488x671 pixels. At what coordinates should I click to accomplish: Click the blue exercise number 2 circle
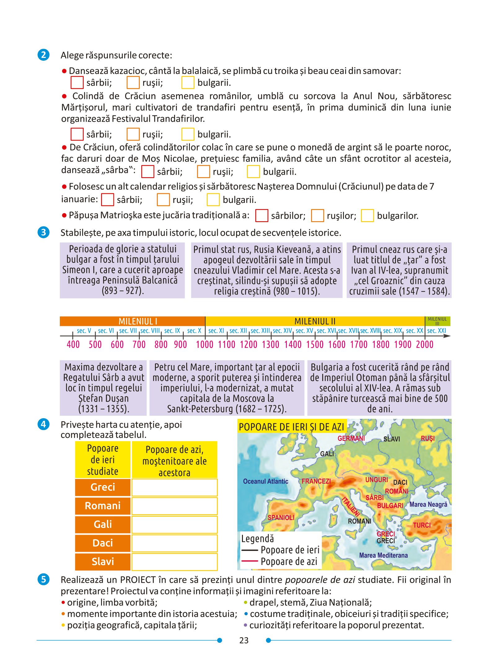point(43,55)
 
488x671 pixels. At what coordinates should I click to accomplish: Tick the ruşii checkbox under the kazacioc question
point(133,83)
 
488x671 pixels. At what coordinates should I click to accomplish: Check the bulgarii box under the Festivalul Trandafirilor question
point(188,134)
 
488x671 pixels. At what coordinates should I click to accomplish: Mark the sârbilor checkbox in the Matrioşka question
point(262,216)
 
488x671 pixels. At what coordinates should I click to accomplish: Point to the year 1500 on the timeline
point(314,344)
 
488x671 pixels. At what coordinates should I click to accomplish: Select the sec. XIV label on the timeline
point(282,331)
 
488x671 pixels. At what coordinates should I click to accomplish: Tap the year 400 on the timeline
point(73,344)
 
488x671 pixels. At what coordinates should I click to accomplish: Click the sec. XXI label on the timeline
point(436,331)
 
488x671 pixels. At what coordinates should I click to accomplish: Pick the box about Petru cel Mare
point(227,388)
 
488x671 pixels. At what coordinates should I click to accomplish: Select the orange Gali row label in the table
point(103,524)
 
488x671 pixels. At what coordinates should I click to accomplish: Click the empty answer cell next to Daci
point(174,543)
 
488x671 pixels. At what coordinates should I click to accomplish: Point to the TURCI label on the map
point(422,525)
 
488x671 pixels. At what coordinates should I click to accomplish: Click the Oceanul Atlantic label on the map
point(266,481)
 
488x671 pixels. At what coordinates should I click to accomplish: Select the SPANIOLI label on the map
point(281,517)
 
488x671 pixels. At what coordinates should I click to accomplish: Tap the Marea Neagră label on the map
point(428,504)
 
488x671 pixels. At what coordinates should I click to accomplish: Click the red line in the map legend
point(249,561)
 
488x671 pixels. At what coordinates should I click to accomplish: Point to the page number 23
point(244,640)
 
